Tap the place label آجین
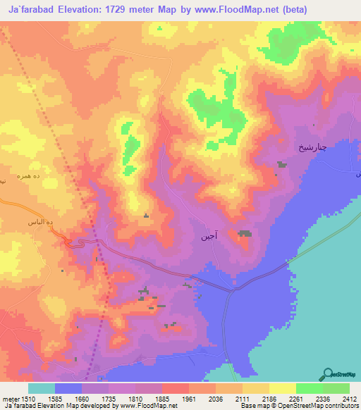(219, 240)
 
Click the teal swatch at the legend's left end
(42, 388)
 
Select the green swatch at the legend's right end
(336, 388)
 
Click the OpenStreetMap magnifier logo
(328, 374)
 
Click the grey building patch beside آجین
(244, 233)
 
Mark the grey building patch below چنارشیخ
(282, 164)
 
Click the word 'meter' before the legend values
(13, 398)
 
